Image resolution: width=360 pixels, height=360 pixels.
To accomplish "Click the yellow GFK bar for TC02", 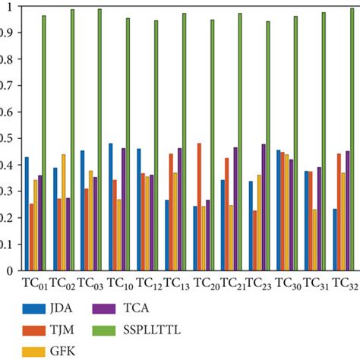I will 64,212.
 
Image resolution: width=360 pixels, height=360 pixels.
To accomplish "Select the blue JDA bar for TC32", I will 335,239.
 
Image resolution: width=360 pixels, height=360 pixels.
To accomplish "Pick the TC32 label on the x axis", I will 344,283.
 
